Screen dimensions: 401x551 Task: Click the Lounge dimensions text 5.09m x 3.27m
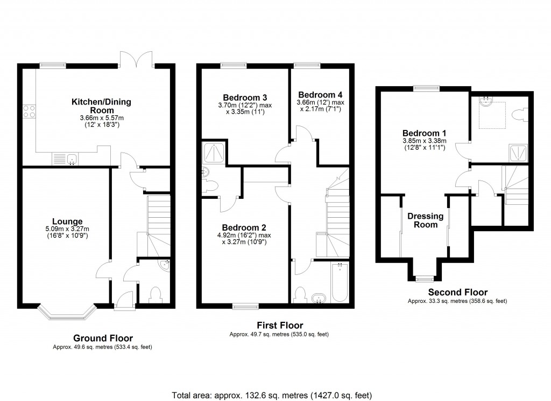(67, 229)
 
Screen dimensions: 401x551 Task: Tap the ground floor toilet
(155, 294)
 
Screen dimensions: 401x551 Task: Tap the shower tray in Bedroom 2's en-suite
(214, 154)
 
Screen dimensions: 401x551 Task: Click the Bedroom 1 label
(424, 133)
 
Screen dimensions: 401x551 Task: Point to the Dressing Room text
(425, 220)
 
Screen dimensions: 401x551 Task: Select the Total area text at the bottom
(272, 395)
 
